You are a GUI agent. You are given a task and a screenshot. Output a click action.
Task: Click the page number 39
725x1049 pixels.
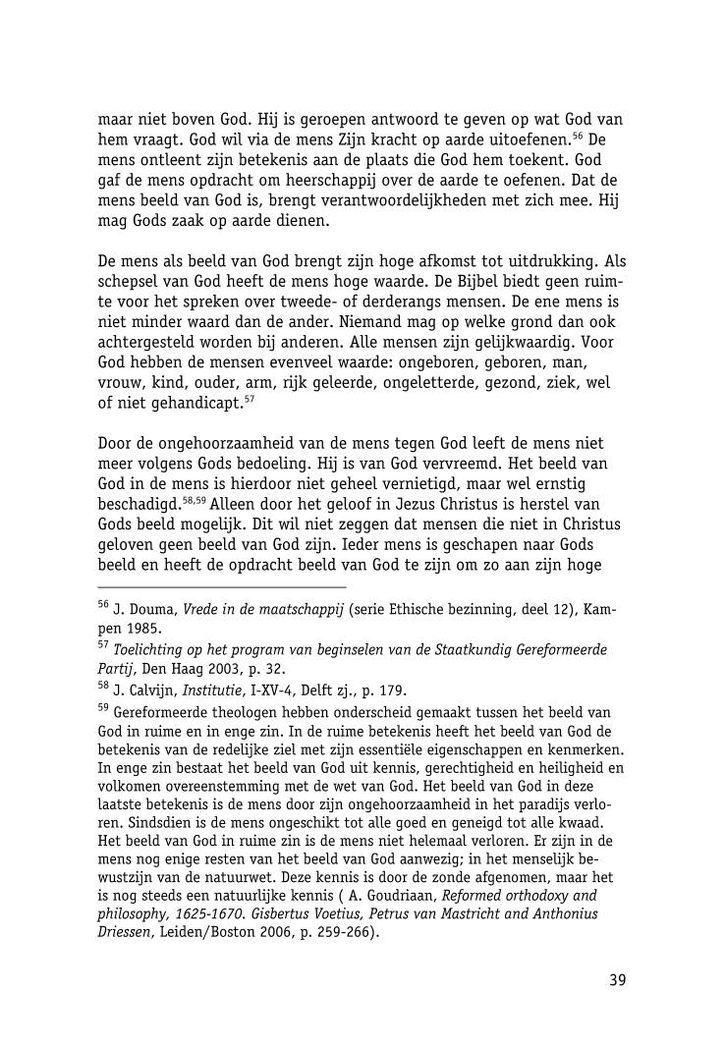click(x=617, y=978)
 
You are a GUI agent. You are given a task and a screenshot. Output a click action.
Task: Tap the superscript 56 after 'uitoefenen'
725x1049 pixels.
click(x=579, y=135)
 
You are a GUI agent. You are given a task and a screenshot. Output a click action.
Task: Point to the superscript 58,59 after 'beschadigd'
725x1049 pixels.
click(x=194, y=500)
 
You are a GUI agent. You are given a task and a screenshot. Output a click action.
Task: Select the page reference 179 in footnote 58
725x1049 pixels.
click(x=392, y=689)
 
